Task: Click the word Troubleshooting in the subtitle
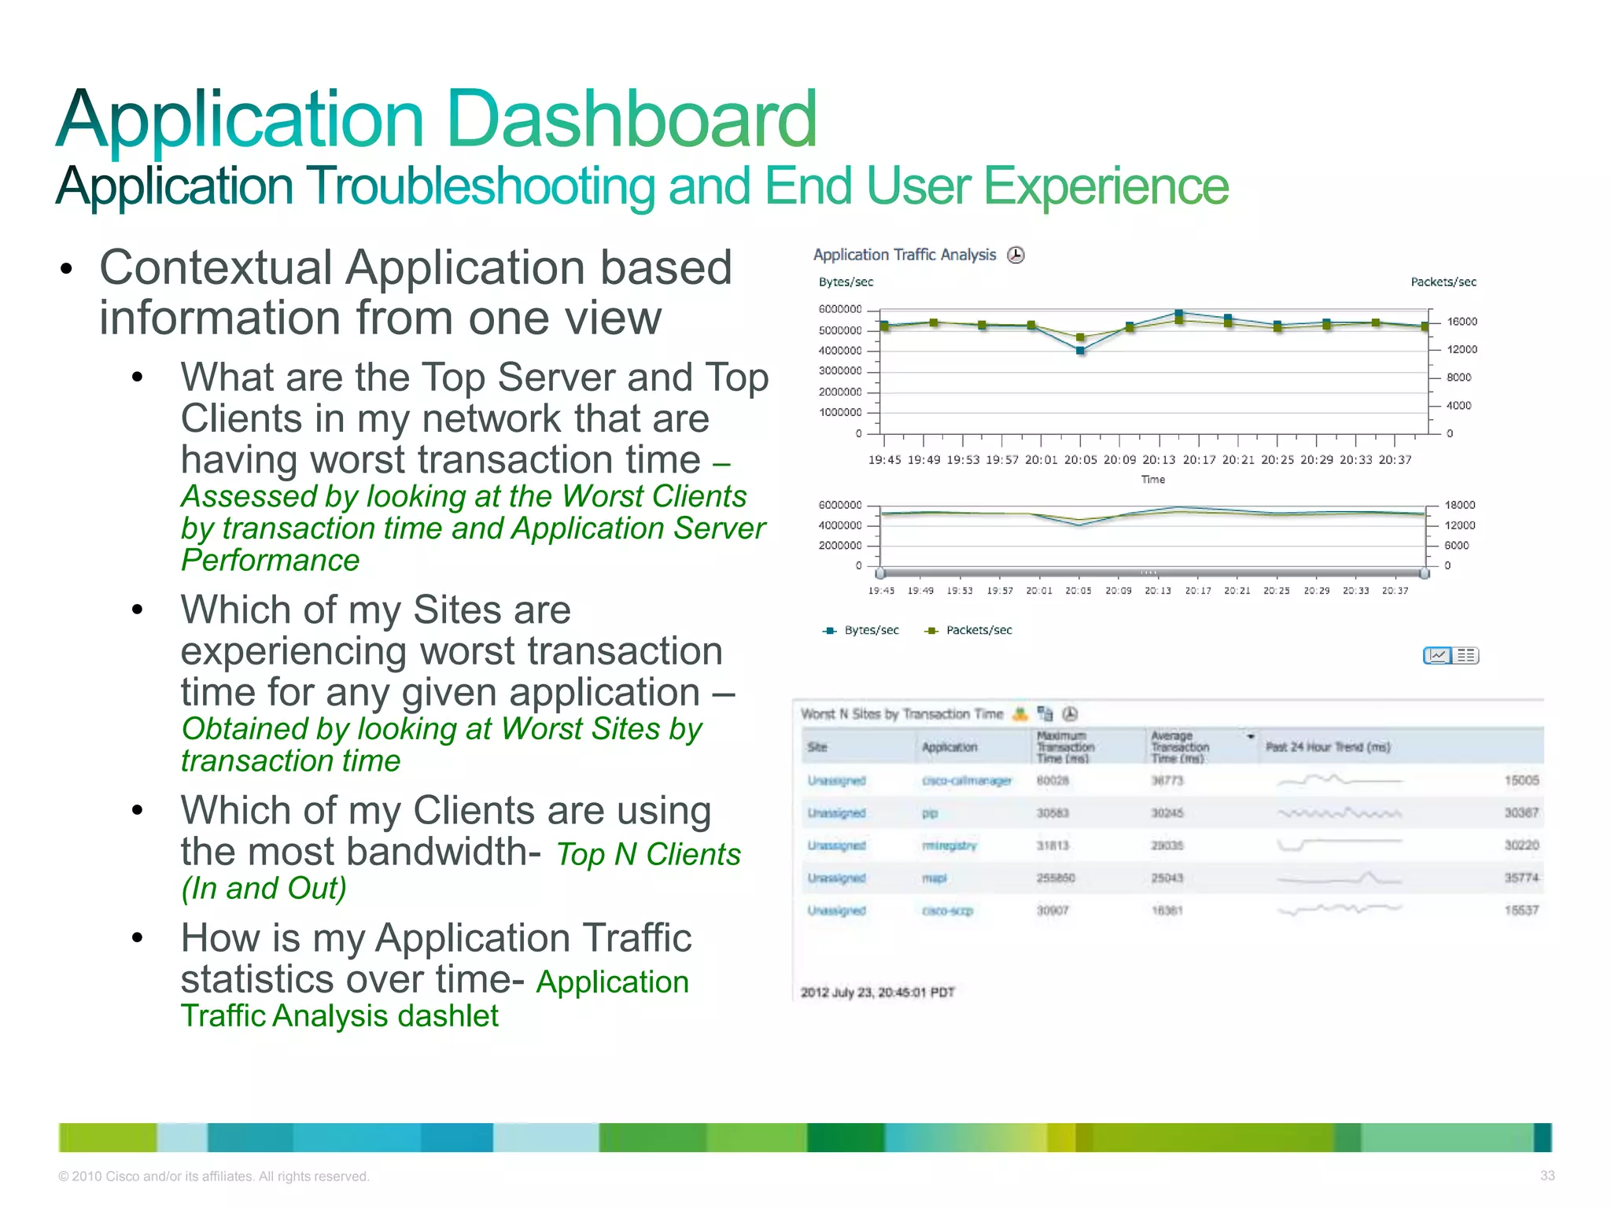(479, 187)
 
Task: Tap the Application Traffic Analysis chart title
(904, 255)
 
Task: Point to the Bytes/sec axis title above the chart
(846, 282)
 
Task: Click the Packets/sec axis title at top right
(1443, 282)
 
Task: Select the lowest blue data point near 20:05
(1081, 351)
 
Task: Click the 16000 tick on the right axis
(1462, 322)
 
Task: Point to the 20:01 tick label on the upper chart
(1041, 460)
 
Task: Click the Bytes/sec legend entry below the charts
(870, 631)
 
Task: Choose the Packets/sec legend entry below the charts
(978, 631)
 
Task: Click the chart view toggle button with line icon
(1437, 656)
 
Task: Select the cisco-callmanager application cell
(966, 781)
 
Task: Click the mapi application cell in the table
(935, 878)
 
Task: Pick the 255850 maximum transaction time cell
(1055, 878)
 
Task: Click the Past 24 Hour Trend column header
(1327, 747)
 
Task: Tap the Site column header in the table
(817, 747)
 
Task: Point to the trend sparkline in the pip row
(1339, 813)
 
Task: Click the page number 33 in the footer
(1546, 1176)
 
